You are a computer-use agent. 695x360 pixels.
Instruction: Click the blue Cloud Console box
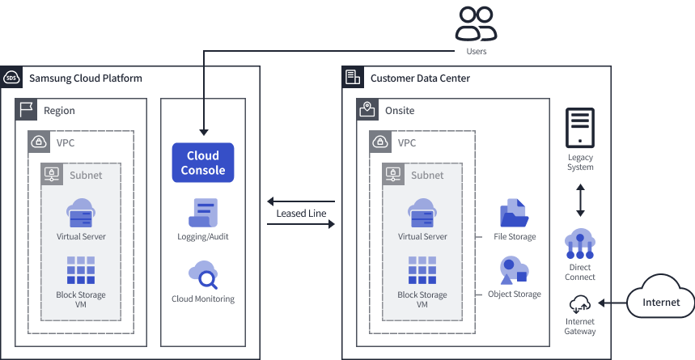click(203, 162)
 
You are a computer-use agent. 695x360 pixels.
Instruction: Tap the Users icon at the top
click(476, 24)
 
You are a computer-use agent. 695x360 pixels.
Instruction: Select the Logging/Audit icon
click(203, 212)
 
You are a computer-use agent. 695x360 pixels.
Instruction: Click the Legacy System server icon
click(580, 129)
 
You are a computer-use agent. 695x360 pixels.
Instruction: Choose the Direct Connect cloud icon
click(580, 244)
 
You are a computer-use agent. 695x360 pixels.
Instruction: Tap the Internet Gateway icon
click(580, 305)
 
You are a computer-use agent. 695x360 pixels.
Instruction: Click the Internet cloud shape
click(660, 301)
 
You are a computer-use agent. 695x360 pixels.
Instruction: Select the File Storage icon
click(514, 212)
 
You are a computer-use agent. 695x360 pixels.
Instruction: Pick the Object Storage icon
click(514, 270)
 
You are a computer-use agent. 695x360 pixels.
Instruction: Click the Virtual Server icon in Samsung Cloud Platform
click(81, 212)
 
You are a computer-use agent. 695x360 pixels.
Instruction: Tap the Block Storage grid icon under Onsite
click(422, 270)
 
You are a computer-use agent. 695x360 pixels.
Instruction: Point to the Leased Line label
click(301, 214)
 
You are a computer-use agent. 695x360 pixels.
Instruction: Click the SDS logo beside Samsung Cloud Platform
click(11, 78)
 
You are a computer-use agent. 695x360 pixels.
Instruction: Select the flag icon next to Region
click(26, 110)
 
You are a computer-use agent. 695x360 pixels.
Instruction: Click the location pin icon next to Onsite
click(367, 110)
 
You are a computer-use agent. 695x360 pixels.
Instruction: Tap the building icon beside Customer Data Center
click(353, 78)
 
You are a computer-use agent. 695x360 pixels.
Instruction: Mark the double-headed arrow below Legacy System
click(580, 200)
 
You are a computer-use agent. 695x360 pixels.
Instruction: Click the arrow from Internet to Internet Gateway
click(613, 304)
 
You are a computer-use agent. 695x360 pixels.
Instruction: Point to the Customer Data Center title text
click(420, 78)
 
